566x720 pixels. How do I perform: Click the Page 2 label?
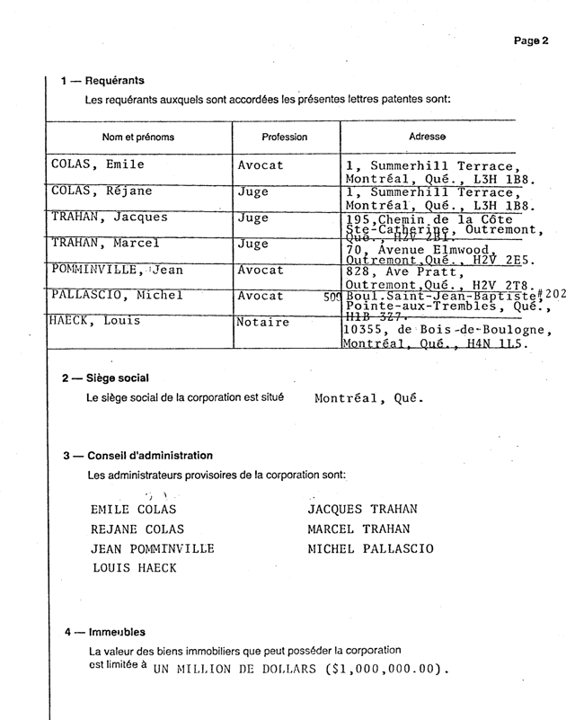(x=531, y=40)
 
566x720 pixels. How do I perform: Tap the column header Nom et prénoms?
(x=138, y=138)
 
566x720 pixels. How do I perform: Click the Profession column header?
(x=284, y=138)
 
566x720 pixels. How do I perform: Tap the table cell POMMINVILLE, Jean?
(x=117, y=269)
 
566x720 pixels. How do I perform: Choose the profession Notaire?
(x=263, y=322)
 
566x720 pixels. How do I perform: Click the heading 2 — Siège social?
(x=105, y=378)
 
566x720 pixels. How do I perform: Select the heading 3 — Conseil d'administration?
(x=137, y=456)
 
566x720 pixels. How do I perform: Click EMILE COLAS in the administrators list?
(x=133, y=510)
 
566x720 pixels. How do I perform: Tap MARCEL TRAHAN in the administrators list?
(x=358, y=529)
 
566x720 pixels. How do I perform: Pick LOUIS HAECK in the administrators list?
(x=134, y=568)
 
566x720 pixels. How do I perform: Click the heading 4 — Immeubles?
(x=104, y=633)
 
